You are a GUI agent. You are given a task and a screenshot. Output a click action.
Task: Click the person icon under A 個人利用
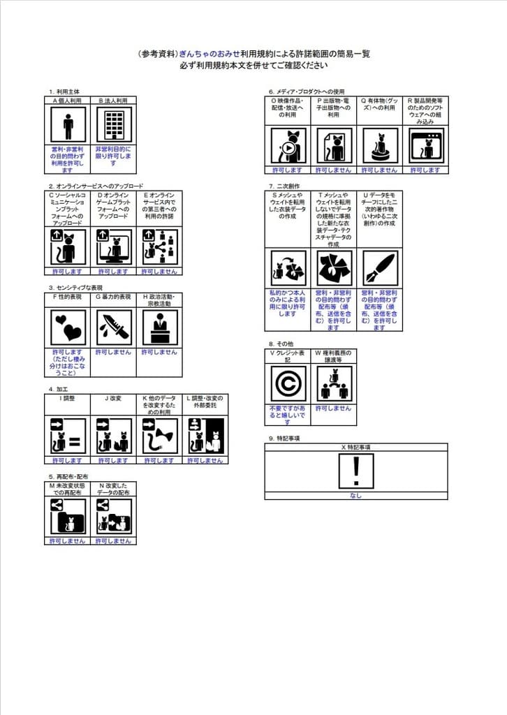tap(68, 127)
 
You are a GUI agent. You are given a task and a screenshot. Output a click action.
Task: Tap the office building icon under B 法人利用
tap(112, 127)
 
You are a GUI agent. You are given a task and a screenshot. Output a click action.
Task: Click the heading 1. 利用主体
tap(64, 91)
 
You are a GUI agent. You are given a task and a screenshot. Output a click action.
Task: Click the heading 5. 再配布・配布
tap(68, 476)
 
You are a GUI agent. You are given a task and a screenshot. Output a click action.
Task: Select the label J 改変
tap(112, 399)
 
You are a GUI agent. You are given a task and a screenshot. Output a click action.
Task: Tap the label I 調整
tap(67, 399)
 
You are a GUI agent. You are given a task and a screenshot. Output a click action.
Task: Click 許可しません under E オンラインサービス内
tap(159, 271)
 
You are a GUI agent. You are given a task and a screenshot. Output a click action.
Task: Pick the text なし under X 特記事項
tap(356, 495)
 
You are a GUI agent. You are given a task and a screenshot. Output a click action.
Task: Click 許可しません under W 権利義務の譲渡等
tap(333, 408)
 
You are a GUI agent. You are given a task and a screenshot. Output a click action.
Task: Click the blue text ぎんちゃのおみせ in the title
tap(210, 53)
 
